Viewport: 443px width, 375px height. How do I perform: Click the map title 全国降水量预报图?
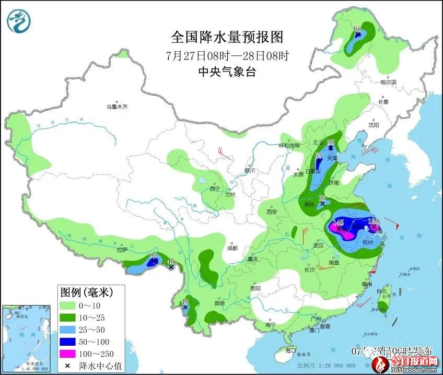point(227,37)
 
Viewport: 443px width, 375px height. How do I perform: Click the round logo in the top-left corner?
point(19,21)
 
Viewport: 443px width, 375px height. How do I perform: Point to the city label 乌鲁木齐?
point(117,107)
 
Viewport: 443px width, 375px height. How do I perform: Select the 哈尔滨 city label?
point(388,82)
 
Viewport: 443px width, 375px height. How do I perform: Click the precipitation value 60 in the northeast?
point(358,29)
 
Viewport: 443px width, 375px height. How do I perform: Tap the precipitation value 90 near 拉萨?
point(153,256)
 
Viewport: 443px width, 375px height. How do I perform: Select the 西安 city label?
point(271,212)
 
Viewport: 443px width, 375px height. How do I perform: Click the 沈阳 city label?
point(372,125)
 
